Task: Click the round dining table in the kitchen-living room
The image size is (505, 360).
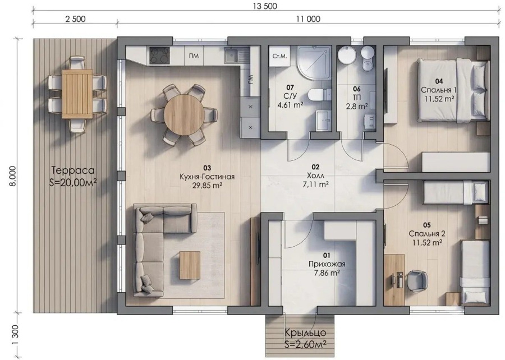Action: pos(184,115)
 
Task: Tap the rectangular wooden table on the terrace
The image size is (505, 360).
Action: pos(77,94)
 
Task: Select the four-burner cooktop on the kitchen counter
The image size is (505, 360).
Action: pos(159,56)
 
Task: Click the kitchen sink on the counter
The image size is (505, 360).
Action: pos(231,56)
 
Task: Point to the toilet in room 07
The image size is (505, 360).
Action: pos(319,95)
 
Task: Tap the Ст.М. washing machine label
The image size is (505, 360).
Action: pos(279,56)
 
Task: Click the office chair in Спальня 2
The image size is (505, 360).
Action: pos(417,280)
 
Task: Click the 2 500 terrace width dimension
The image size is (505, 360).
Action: pos(75,19)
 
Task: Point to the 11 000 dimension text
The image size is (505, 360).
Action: pos(308,19)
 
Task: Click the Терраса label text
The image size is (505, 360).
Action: pos(73,170)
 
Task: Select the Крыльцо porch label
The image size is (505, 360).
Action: pos(305,333)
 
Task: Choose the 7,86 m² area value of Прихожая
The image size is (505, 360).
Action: pos(327,273)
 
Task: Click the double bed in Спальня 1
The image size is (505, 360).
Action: pos(453,90)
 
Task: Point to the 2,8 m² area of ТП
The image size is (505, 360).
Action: pos(357,106)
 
